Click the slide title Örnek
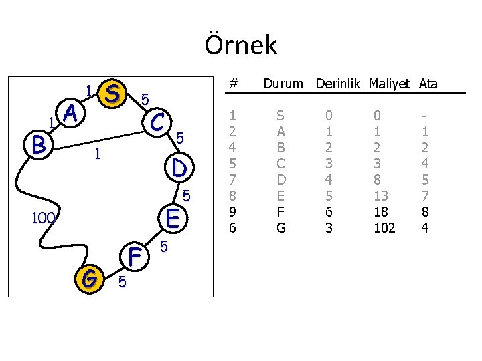[240, 45]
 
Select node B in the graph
[37, 144]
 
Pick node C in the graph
[158, 122]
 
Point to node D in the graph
[179, 167]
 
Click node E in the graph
[173, 218]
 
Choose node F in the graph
[136, 256]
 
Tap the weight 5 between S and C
[145, 99]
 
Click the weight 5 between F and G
[121, 282]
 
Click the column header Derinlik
[337, 84]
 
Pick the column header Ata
[428, 84]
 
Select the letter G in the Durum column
[281, 228]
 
